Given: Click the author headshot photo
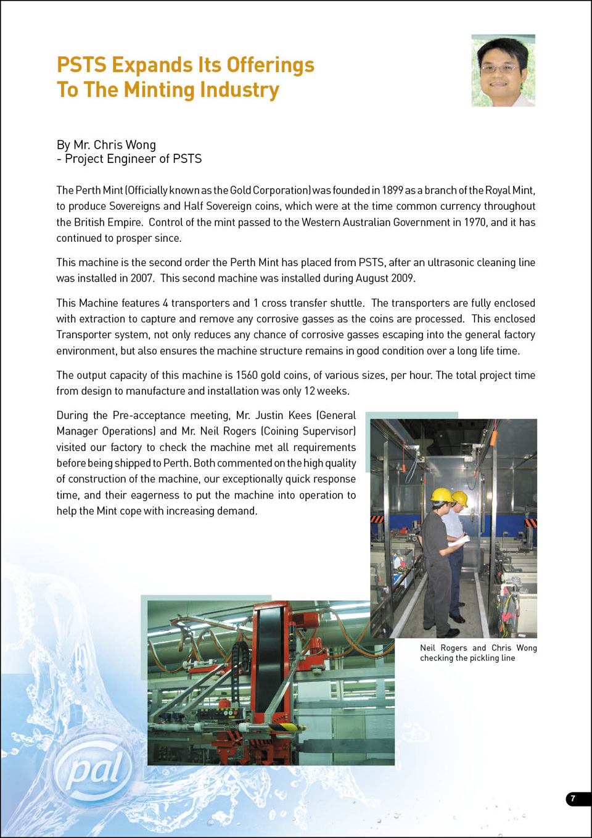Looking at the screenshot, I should pos(503,70).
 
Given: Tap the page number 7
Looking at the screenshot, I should pos(573,799).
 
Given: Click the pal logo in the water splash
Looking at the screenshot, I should pos(94,770).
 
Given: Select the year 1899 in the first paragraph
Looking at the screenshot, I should pos(392,191).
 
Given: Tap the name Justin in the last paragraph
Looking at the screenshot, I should pos(269,415).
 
